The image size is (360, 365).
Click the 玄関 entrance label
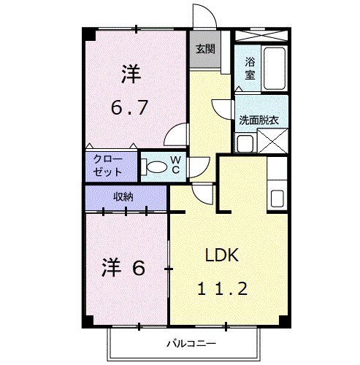[x=205, y=49]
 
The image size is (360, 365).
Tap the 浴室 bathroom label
[x=250, y=69]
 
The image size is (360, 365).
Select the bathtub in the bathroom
[x=275, y=69]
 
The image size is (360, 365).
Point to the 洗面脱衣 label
[x=258, y=120]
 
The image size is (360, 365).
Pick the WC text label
[x=176, y=165]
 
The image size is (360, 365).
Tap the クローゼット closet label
[x=107, y=166]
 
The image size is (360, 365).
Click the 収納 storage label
[x=123, y=196]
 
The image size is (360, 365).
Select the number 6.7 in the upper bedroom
[x=129, y=107]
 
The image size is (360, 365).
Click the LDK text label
[x=222, y=255]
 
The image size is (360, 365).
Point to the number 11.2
[x=222, y=288]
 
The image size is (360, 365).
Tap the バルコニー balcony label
[x=191, y=344]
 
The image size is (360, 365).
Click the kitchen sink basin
[x=277, y=199]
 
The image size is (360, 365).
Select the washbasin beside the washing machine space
[x=245, y=143]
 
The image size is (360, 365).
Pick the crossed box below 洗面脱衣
[x=272, y=141]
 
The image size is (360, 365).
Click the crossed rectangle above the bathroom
[x=261, y=36]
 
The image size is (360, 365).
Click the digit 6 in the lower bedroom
[x=138, y=268]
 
